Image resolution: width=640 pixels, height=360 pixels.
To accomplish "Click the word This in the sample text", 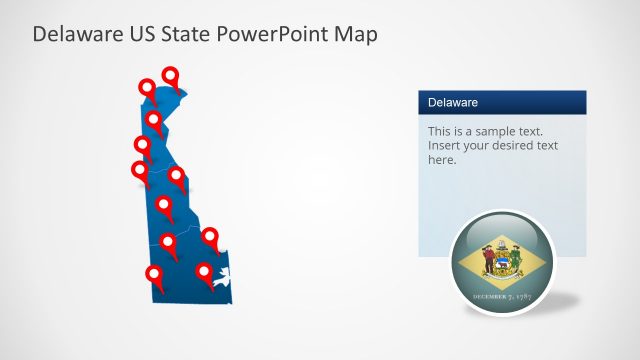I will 441,131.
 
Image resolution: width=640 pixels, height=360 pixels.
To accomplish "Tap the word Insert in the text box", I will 444,145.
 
